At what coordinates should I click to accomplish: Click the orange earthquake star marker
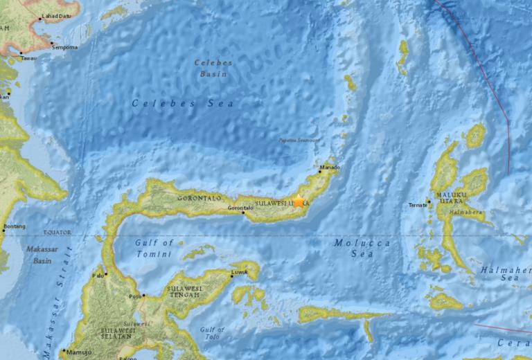(299, 201)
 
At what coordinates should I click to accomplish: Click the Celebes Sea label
(183, 103)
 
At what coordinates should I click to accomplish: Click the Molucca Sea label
(362, 248)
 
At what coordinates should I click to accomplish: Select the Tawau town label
(28, 58)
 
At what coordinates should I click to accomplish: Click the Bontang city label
(14, 226)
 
